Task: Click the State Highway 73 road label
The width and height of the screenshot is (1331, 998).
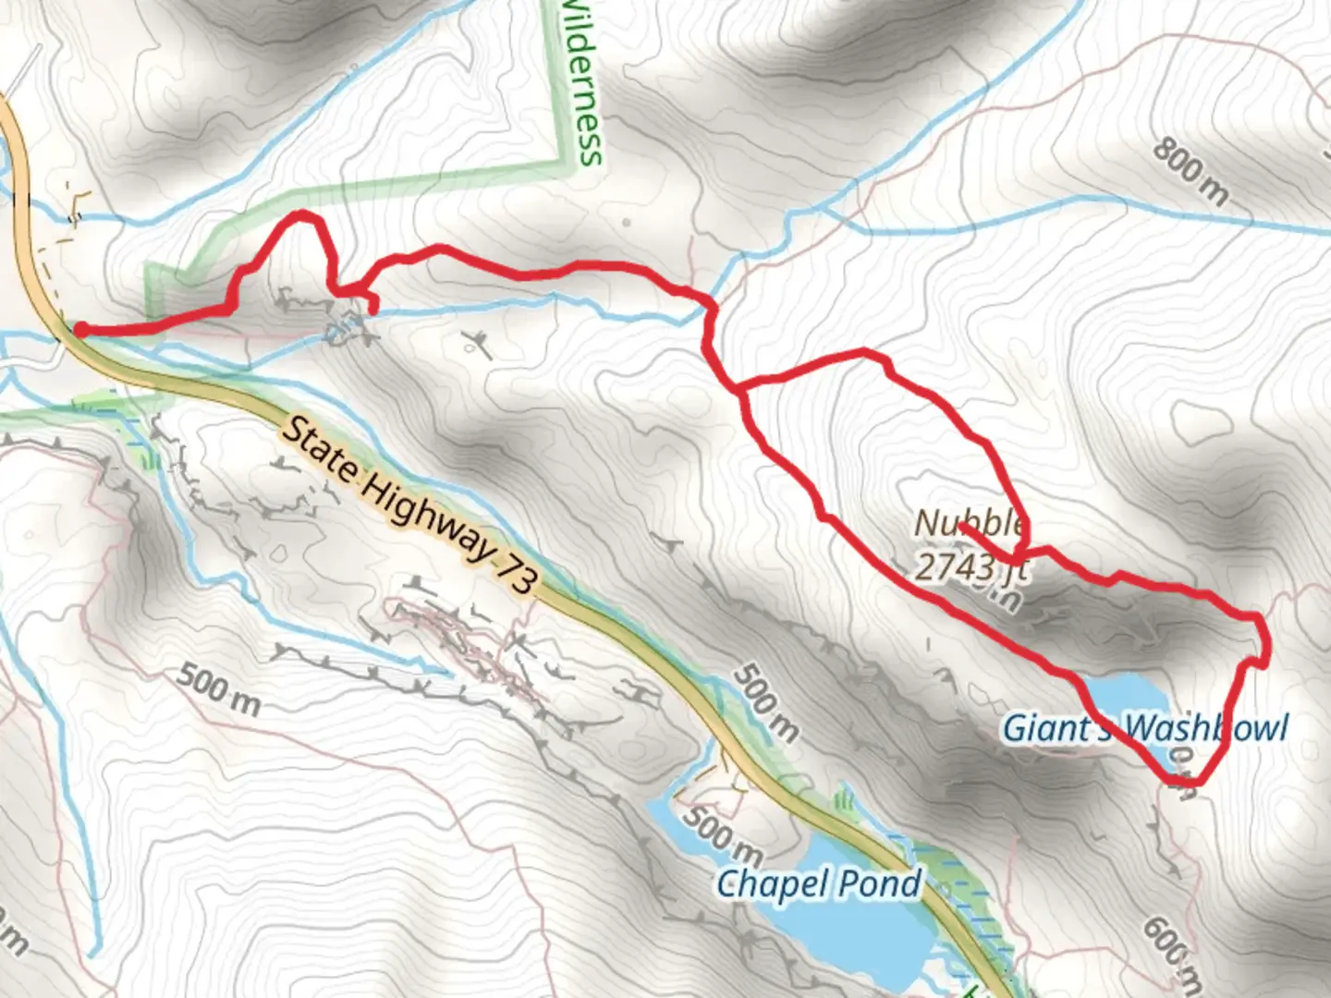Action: tap(408, 505)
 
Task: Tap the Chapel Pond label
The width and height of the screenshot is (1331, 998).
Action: tap(819, 884)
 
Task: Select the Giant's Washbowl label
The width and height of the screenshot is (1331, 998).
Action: tap(1145, 727)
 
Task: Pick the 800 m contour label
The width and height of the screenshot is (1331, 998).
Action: tap(1191, 171)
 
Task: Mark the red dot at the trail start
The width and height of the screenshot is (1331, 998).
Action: tap(81, 330)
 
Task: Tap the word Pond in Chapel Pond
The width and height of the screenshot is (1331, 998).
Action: tap(880, 884)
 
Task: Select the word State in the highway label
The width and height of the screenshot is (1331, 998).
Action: tap(318, 449)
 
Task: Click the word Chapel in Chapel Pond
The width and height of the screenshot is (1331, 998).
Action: tap(773, 884)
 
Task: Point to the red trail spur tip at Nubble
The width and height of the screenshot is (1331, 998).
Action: tap(962, 526)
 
